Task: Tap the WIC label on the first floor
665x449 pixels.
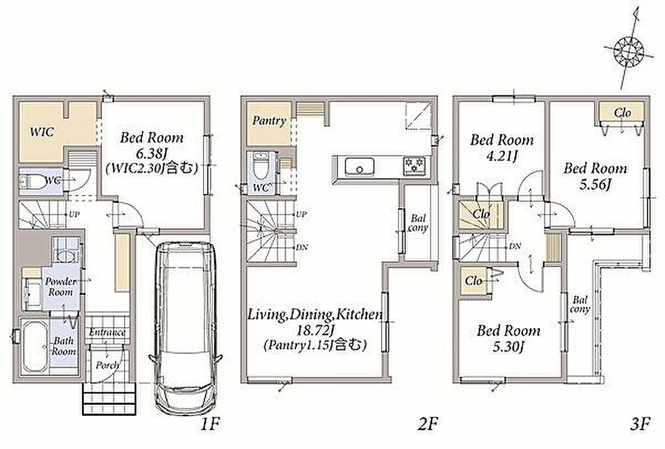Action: (42, 131)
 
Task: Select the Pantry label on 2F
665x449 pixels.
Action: (269, 121)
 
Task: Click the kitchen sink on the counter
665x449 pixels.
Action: (359, 167)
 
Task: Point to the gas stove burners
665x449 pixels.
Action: (414, 165)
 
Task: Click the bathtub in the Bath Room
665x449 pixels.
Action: (34, 346)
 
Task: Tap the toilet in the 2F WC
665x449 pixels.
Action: (259, 167)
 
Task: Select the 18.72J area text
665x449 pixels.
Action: (315, 330)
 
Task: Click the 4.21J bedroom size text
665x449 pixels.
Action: (502, 156)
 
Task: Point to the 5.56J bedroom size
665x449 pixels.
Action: (595, 185)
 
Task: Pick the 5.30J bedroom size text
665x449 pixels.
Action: (508, 347)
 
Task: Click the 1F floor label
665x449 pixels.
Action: (210, 424)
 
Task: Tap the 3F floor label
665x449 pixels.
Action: (640, 424)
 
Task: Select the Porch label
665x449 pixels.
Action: (107, 365)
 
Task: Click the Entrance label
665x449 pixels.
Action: (107, 333)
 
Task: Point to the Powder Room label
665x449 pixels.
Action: (61, 287)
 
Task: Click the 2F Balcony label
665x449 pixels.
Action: (418, 223)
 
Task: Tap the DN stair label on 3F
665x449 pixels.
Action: (515, 246)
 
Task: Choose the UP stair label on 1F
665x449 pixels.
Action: (74, 214)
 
